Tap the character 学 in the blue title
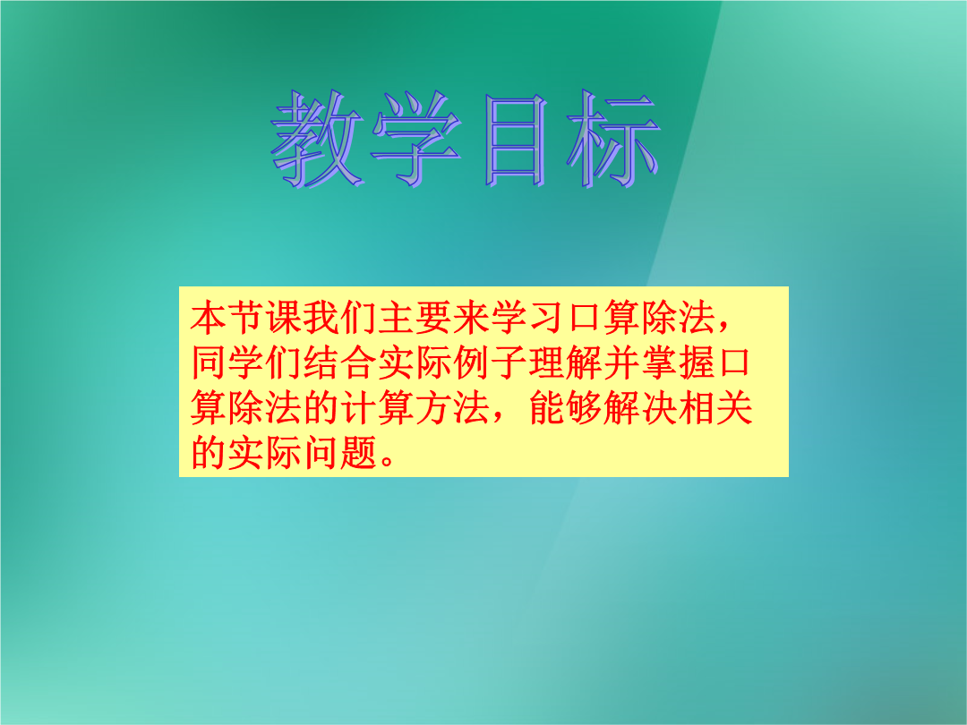[417, 138]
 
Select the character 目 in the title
[516, 140]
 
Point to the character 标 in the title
[614, 138]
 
